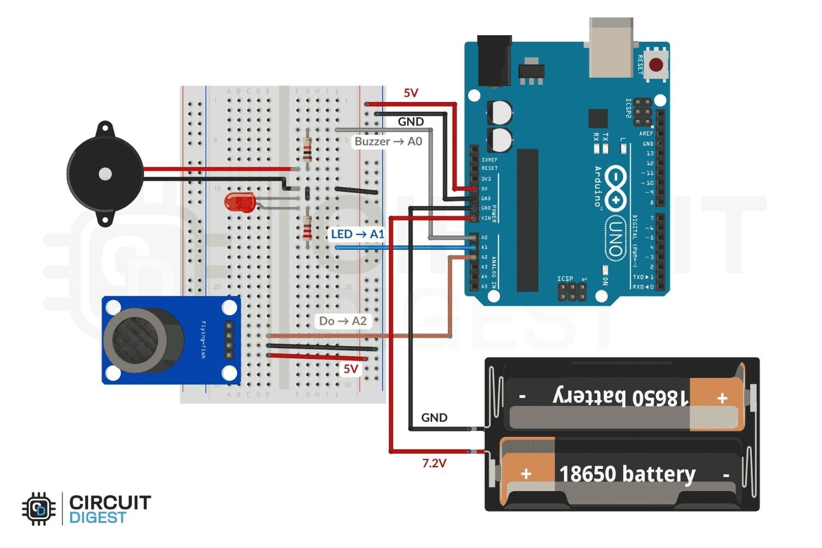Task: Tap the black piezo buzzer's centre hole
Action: pyautogui.click(x=105, y=174)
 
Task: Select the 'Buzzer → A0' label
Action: pyautogui.click(x=388, y=141)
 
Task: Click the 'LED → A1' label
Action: pyautogui.click(x=357, y=234)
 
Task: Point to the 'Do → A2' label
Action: pyautogui.click(x=342, y=321)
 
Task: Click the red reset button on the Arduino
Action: pyautogui.click(x=656, y=65)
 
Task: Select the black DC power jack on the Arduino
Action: pyautogui.click(x=494, y=60)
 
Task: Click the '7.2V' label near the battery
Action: pyautogui.click(x=434, y=464)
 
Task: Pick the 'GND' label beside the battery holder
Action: pyautogui.click(x=434, y=418)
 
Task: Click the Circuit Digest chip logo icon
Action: pyautogui.click(x=39, y=510)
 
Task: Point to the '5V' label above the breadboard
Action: pyautogui.click(x=410, y=93)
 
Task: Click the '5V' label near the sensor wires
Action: pyautogui.click(x=351, y=369)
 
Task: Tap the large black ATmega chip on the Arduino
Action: pyautogui.click(x=527, y=219)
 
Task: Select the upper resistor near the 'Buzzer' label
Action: pyautogui.click(x=307, y=148)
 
